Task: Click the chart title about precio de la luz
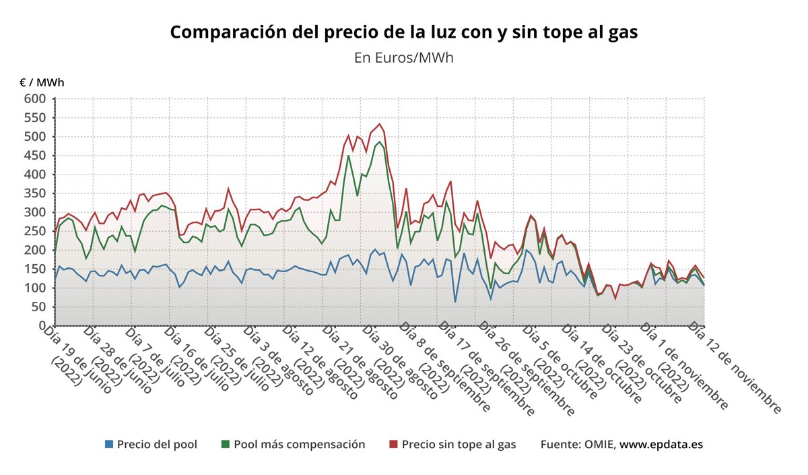pos(403,32)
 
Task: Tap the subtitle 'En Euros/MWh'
pos(403,57)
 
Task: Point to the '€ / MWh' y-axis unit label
pos(42,83)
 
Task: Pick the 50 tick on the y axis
pos(39,307)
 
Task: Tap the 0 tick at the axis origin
pos(42,325)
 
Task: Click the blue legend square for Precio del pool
pos(109,445)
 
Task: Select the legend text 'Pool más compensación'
pos(299,445)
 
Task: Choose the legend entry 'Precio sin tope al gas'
pos(459,445)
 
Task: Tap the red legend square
pos(394,445)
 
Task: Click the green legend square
pos(226,445)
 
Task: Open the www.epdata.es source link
pos(661,445)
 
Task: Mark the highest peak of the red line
pos(380,124)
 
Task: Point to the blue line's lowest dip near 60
pos(455,301)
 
